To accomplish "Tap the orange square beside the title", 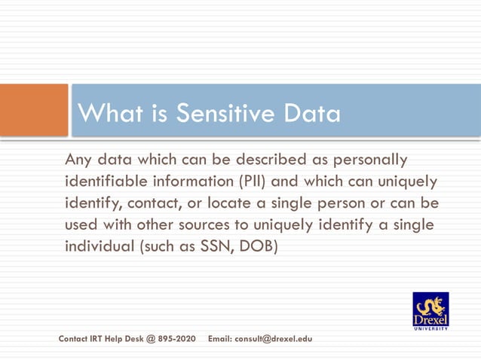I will [34, 111].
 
